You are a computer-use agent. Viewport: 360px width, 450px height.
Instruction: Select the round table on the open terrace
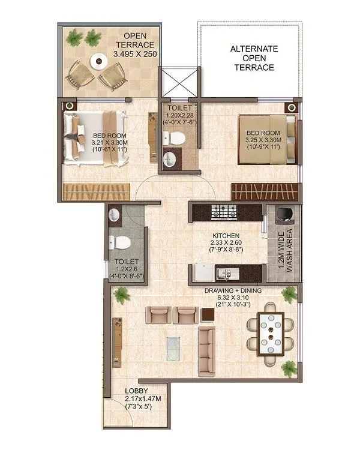click(97, 61)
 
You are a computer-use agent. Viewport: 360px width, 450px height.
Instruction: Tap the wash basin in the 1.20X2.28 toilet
click(170, 159)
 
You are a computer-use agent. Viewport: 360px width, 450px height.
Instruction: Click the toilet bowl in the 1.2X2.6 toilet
click(120, 242)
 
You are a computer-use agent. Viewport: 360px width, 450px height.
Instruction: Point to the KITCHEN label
click(226, 236)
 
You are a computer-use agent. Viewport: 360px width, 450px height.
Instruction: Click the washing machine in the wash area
click(283, 214)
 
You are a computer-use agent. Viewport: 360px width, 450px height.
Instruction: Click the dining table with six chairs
click(268, 333)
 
